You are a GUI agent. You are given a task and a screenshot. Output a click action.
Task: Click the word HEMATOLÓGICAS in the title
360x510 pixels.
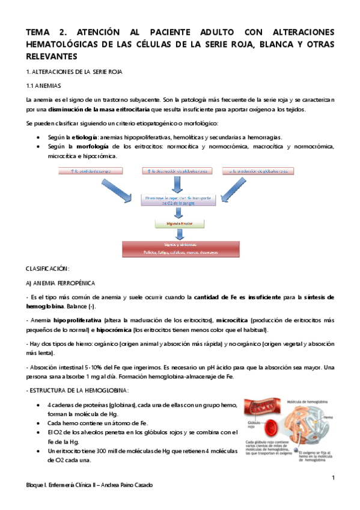64,45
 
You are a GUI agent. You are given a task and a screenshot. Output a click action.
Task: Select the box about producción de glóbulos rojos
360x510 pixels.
258,171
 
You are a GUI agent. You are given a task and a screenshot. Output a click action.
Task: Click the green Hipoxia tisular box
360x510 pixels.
174,223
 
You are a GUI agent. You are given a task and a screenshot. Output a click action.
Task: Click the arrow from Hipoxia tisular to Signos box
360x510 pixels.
174,235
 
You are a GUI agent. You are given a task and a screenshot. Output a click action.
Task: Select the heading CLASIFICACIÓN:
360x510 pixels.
47,268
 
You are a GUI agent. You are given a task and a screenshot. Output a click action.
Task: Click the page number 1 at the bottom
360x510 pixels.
333,478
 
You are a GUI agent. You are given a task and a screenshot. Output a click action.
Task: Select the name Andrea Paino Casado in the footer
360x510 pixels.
126,485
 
